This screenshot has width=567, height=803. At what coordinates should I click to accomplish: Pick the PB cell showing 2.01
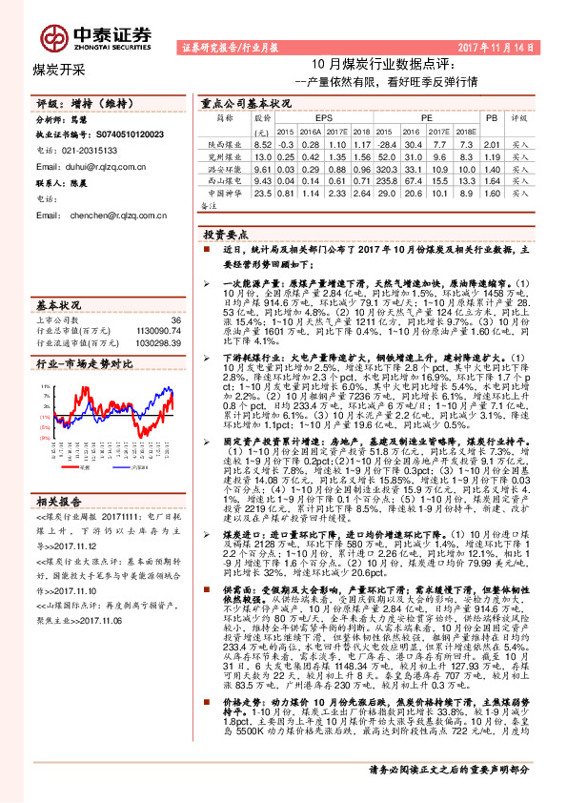pos(492,142)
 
